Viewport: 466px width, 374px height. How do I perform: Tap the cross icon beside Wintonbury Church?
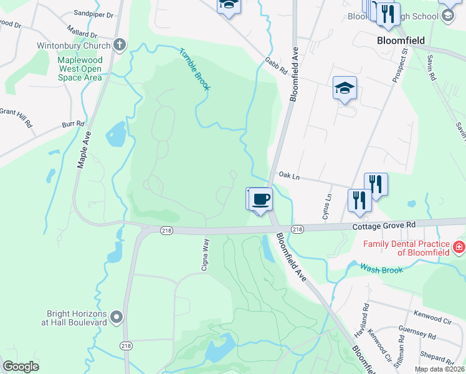120,45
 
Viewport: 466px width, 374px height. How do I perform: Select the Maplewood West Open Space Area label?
79,69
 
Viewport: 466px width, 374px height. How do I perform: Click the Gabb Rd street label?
275,65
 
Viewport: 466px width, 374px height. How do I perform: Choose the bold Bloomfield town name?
401,41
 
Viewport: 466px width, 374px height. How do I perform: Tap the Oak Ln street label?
289,177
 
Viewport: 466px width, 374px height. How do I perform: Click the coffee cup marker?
261,199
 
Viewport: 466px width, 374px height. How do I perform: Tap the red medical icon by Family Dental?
459,247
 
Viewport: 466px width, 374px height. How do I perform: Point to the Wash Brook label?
381,268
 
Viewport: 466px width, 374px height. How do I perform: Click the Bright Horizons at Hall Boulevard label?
76,318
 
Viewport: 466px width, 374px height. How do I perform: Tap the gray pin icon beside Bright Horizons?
117,319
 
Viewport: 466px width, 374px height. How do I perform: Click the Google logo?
21,367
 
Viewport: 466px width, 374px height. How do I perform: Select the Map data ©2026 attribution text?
439,369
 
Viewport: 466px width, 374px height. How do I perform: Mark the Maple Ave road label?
84,150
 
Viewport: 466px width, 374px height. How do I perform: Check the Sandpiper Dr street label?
93,13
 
